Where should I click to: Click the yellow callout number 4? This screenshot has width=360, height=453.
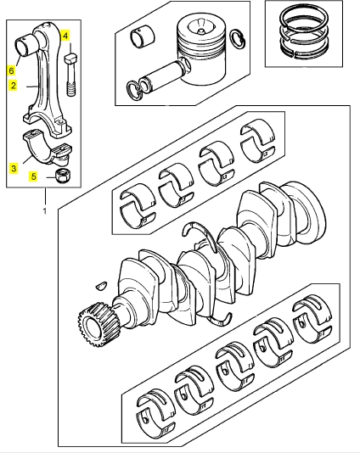65,36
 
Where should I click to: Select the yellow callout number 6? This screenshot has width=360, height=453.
11,70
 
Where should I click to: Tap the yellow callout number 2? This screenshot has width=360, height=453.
13,86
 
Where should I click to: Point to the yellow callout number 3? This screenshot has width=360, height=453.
14,168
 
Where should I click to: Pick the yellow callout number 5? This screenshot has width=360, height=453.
34,176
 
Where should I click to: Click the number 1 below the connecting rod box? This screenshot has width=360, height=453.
45,211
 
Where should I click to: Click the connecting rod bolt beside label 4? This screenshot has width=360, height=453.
71,75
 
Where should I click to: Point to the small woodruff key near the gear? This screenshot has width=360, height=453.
101,285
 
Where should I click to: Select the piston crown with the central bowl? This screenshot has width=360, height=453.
201,28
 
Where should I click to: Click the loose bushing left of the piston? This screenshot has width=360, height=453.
143,36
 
